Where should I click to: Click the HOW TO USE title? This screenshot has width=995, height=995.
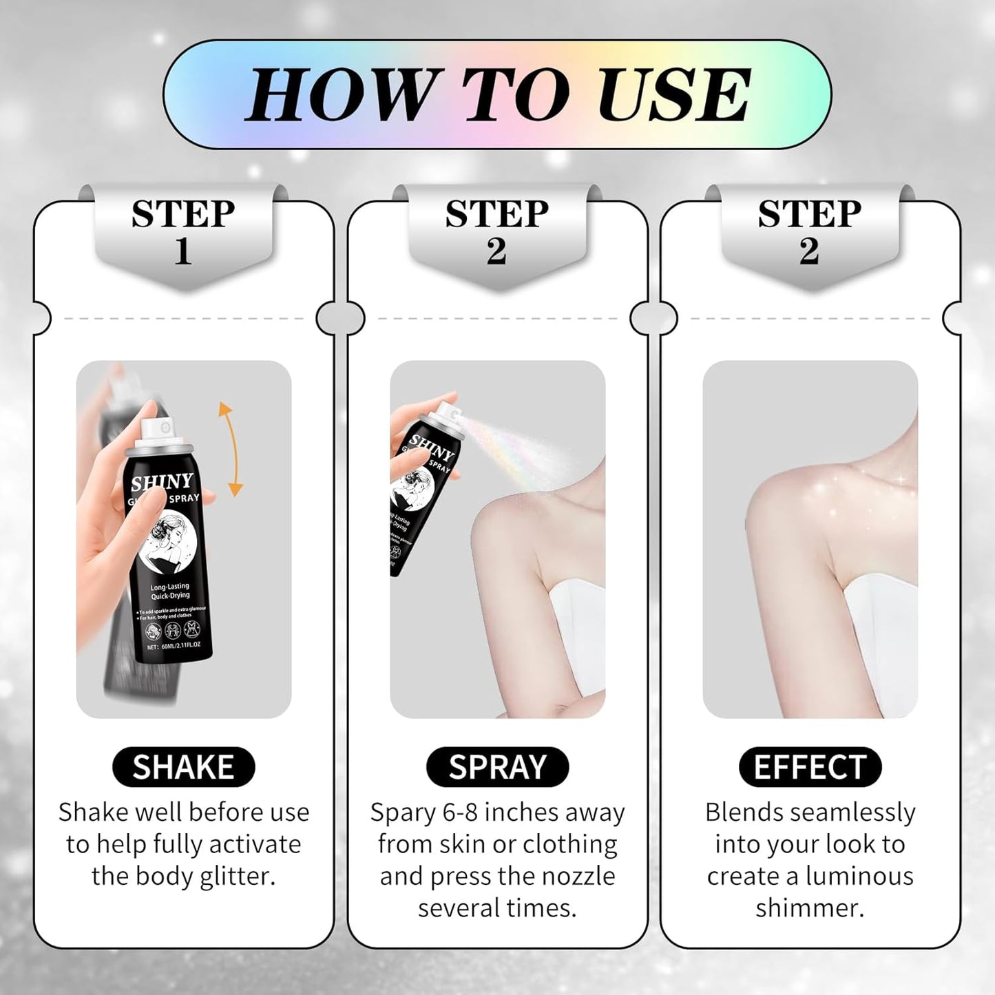(x=497, y=94)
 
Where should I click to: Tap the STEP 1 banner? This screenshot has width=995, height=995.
(x=183, y=232)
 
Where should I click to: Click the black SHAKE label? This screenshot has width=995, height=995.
(x=183, y=767)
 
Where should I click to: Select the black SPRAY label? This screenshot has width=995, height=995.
(x=497, y=767)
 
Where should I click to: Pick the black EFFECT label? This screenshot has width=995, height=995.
(x=810, y=767)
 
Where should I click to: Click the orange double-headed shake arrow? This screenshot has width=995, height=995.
(x=229, y=449)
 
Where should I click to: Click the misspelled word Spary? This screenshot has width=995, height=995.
(x=402, y=813)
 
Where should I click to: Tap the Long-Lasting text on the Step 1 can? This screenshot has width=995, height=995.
(x=169, y=587)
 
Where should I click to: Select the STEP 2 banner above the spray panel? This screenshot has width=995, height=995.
(x=497, y=232)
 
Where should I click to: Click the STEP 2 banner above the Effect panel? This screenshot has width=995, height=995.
(x=810, y=232)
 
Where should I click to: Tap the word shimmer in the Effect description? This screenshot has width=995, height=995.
(x=809, y=908)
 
